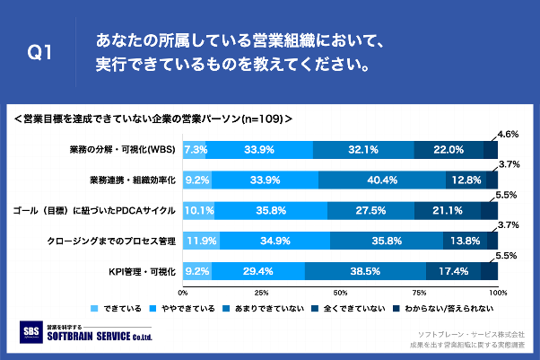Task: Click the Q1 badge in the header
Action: tap(39, 54)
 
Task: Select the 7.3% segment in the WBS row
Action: tap(195, 150)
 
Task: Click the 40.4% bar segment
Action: tap(382, 180)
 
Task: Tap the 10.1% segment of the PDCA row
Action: tap(199, 211)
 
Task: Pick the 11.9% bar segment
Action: tap(202, 241)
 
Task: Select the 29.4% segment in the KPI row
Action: tap(258, 270)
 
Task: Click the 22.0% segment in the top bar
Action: tap(449, 150)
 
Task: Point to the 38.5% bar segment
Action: tap(365, 270)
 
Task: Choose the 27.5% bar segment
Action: tap(370, 211)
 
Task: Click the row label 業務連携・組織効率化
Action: tap(132, 180)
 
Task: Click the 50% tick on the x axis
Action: tap(340, 293)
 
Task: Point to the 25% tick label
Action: tap(262, 293)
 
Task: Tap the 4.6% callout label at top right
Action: tap(509, 134)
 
